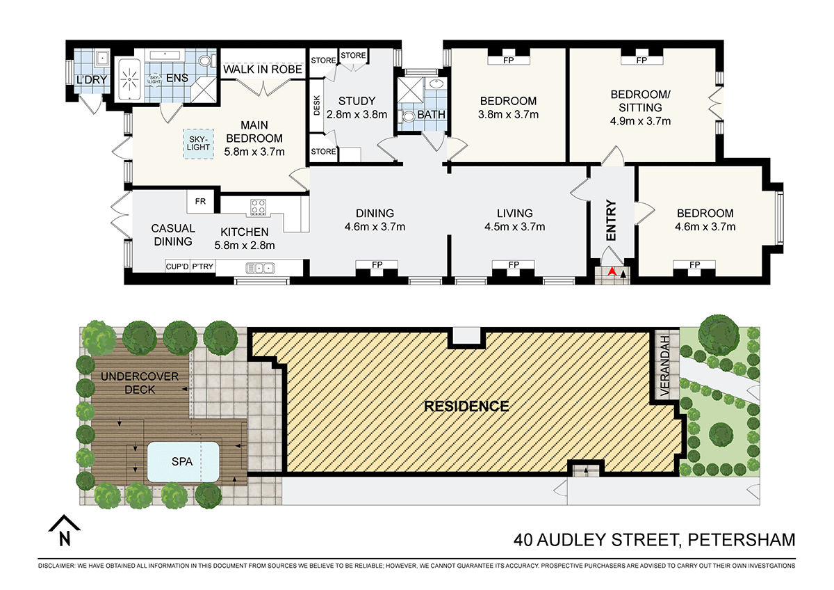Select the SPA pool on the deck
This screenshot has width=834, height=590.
pos(183,461)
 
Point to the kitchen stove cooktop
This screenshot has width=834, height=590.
pos(259,207)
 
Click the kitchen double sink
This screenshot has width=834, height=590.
pos(261,267)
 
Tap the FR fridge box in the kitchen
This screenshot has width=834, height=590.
pos(201,202)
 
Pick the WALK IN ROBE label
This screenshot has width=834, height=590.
pos(262,70)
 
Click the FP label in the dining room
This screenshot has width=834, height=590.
pos(376,265)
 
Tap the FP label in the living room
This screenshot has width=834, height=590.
pos(514,265)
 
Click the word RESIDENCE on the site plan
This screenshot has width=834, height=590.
pos(466,406)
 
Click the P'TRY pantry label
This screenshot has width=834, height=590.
pos(202,266)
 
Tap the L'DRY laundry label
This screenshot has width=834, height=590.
pos(92,80)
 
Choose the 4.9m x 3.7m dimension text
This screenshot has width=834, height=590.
pos(641,121)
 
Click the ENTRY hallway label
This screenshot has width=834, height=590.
pos(611,221)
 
